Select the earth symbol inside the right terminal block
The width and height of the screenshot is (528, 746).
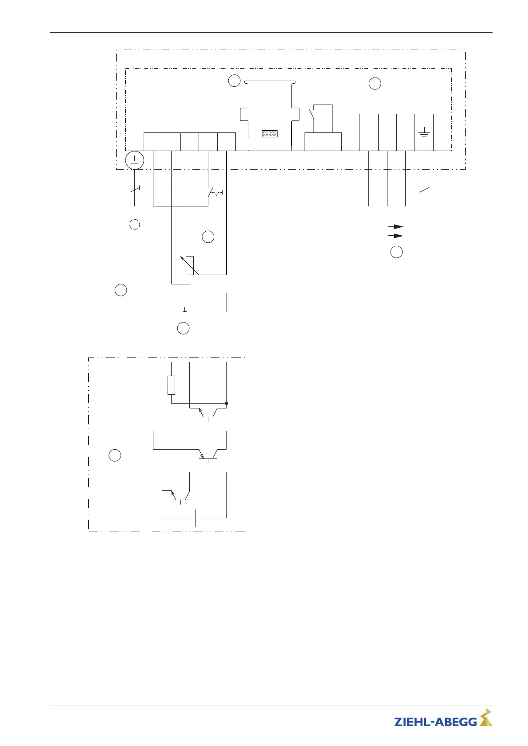point(424,132)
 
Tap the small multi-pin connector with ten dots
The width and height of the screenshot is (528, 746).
point(270,133)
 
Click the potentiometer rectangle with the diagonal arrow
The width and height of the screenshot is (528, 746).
point(190,266)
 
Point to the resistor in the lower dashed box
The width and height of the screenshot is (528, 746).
point(171,385)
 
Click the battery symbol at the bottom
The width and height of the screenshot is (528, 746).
point(194,517)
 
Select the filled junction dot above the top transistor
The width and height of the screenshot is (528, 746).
point(227,404)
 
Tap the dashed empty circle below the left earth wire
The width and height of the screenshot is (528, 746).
point(134,224)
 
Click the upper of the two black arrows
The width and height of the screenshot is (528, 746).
point(396,226)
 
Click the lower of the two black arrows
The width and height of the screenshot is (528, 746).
point(396,236)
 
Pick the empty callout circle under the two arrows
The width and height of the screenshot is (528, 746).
point(396,252)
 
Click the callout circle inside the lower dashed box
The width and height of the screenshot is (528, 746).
point(115,455)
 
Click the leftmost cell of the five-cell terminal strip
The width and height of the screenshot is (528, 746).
point(153,142)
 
